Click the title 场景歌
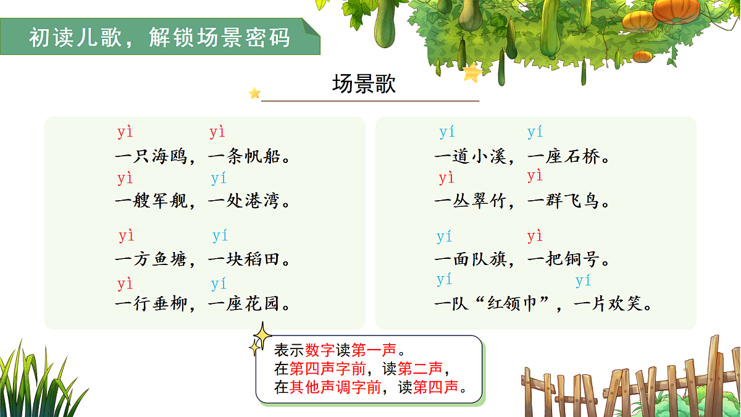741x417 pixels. (x=364, y=84)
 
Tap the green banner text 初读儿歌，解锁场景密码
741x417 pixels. (x=159, y=38)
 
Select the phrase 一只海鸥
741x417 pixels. (x=151, y=156)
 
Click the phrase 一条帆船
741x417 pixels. (x=244, y=156)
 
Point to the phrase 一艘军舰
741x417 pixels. (x=151, y=201)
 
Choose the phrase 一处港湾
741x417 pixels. (x=244, y=201)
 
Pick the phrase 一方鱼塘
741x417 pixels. (x=151, y=259)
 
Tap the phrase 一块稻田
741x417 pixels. (x=244, y=259)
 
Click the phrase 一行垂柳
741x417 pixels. (x=151, y=304)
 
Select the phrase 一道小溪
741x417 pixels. (x=470, y=157)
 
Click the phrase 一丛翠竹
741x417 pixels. (x=470, y=201)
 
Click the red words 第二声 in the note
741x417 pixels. (x=420, y=369)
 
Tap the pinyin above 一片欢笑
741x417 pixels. (x=584, y=282)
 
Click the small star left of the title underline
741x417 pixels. (x=254, y=93)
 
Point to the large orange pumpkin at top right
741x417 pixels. (x=676, y=11)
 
